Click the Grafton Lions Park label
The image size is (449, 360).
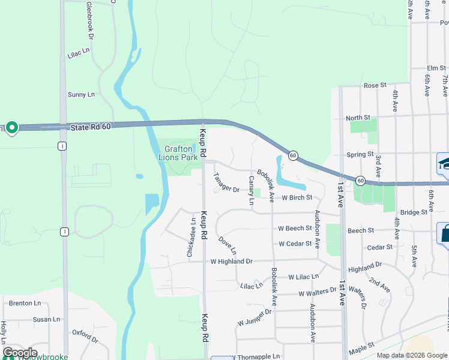point(178,153)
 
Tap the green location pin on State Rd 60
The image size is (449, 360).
point(12,128)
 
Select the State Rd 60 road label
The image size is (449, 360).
point(91,127)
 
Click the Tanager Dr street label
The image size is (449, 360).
point(226,183)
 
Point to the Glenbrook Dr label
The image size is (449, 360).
point(90,20)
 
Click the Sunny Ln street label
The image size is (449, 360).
point(81,95)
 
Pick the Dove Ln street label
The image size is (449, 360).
point(227,244)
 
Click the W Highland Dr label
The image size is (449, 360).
point(231,262)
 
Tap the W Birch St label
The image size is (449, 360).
point(297,197)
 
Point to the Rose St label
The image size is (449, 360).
point(375,86)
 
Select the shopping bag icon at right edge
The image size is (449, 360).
point(445,233)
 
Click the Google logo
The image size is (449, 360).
point(20,353)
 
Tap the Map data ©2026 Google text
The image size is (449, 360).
point(411,355)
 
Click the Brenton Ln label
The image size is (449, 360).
point(25,304)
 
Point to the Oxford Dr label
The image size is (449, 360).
point(85,335)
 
